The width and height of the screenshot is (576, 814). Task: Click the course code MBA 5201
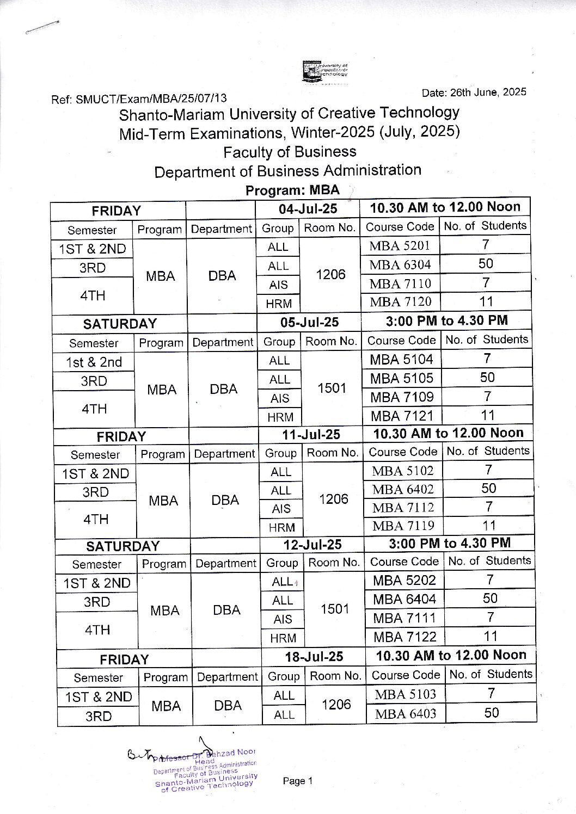400,245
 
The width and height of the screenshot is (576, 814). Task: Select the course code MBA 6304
400,264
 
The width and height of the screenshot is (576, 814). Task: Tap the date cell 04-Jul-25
308,209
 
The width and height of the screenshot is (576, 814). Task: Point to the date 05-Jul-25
309,322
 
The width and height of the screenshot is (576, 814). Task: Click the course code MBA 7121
402,416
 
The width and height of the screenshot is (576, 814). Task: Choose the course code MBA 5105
402,378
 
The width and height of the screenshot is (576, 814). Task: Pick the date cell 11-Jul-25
311,434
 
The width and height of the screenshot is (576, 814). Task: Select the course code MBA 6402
403,489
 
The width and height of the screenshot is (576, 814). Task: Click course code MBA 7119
403,526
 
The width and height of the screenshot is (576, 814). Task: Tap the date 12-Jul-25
312,545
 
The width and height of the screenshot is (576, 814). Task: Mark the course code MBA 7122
405,637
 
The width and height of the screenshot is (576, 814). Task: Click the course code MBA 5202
405,581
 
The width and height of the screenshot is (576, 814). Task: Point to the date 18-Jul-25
314,657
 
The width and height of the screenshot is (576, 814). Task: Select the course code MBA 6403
406,713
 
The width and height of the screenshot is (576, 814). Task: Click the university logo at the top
325,72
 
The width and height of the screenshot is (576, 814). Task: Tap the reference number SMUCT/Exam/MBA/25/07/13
139,99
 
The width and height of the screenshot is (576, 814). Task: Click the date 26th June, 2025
474,92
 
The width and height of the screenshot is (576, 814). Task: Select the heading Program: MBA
292,190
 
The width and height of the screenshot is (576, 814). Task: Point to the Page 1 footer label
297,781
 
